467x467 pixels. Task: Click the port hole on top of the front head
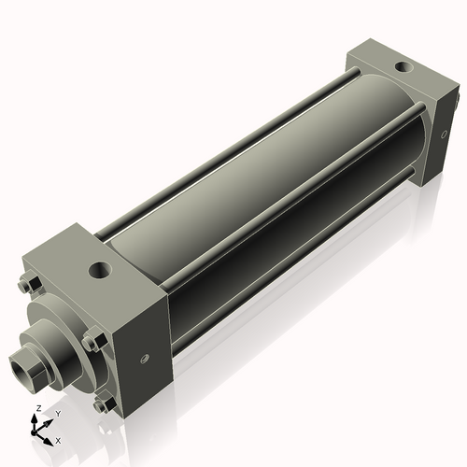pyautogui.click(x=98, y=272)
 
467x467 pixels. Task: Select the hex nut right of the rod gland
pyautogui.click(x=91, y=342)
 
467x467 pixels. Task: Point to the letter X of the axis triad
pyautogui.click(x=58, y=439)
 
